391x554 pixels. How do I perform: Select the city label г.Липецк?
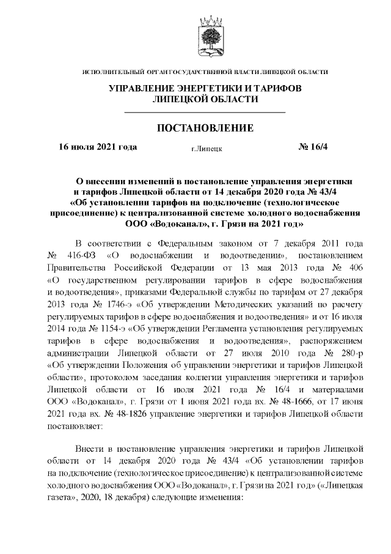tap(206, 148)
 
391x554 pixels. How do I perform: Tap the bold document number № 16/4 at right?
tap(313, 148)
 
